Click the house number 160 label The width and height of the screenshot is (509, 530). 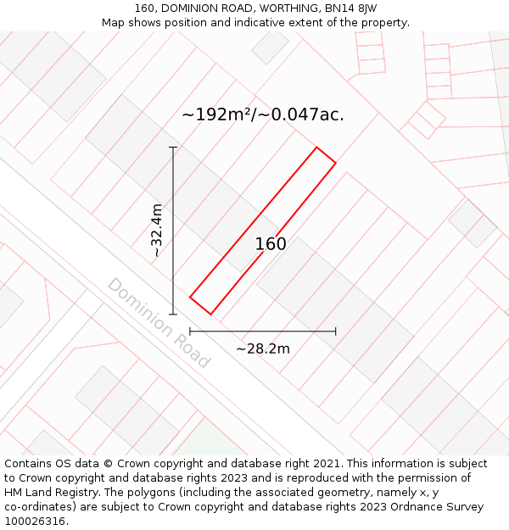point(271,244)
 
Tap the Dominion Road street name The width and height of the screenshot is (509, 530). point(159,322)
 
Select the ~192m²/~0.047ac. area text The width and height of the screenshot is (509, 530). point(263,114)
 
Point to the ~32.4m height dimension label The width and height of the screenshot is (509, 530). point(156,231)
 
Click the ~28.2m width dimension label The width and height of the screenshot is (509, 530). point(263,349)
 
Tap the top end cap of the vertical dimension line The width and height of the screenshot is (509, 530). point(173,148)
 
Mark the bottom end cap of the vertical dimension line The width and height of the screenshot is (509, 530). point(173,314)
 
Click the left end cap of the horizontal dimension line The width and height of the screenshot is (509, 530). point(190,332)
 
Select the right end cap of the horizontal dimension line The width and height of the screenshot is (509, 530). point(336,332)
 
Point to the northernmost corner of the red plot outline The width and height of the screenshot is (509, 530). point(317,148)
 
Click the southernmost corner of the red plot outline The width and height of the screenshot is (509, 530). point(210,315)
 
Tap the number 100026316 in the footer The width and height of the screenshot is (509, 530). point(34,522)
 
